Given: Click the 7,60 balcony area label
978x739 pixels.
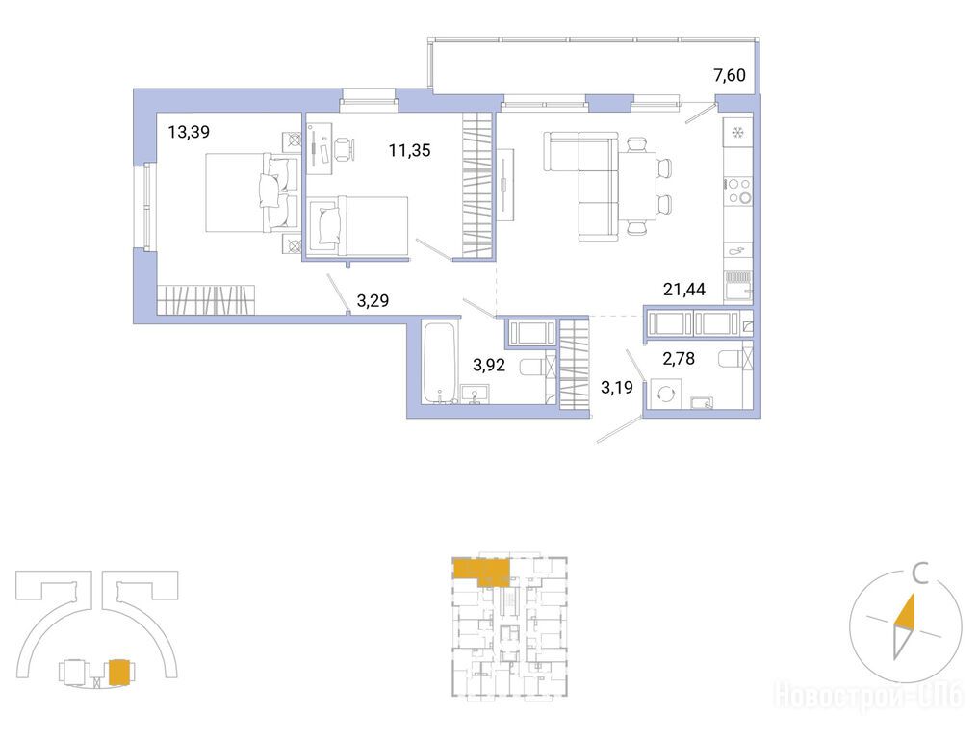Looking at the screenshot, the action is pos(729,75).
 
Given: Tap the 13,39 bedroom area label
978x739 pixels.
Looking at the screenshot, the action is pos(189,132).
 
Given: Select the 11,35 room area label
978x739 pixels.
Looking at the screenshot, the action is pos(409,150).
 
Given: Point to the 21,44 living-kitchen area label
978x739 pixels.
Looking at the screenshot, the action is pos(684,290).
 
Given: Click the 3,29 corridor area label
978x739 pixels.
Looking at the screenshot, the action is pos(373,300).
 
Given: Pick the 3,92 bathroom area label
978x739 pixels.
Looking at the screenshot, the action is pos(489,365).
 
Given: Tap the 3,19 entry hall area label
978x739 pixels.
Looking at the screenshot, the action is pos(617,387).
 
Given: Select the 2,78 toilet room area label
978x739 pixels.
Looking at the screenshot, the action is pos(679,359).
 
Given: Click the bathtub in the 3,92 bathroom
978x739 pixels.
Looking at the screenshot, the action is pos(440,362).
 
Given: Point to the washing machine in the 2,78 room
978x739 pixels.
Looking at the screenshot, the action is pos(665,395).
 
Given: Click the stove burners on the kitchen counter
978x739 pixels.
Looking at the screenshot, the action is pos(738,191).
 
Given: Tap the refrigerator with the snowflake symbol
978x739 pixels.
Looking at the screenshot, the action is pos(738,133).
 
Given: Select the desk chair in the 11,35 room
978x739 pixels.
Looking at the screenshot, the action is pos(345,148).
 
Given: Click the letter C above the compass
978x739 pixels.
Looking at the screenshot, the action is pos(920,573).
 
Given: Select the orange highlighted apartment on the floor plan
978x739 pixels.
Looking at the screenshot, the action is pos(481,572).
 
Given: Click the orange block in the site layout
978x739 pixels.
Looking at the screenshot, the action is pos(119,673).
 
